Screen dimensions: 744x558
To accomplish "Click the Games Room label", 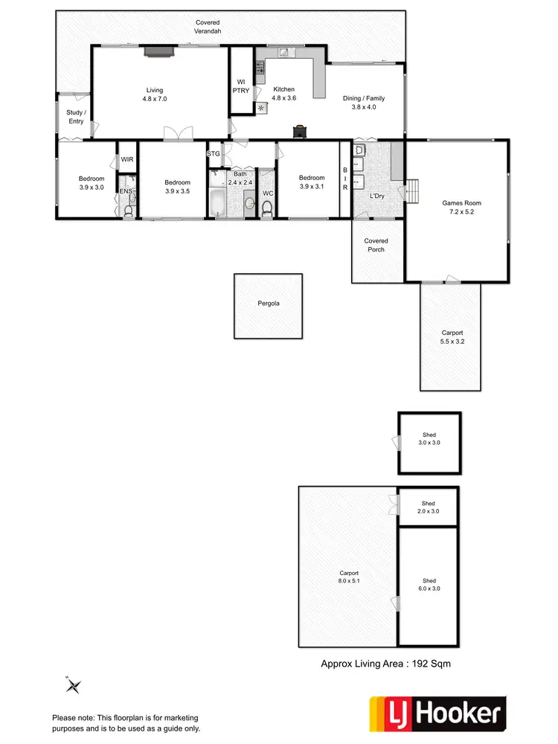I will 462,208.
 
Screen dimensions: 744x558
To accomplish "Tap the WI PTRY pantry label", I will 241,86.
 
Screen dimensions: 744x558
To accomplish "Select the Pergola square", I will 269,304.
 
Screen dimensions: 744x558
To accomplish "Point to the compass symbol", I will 73,685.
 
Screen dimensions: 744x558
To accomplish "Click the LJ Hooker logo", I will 438,715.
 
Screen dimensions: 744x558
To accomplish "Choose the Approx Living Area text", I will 385,663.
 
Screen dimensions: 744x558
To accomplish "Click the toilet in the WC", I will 268,205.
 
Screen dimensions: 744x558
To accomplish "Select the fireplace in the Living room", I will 158,51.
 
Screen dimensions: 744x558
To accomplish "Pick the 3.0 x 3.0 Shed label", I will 429,439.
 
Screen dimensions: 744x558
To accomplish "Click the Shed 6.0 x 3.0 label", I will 429,585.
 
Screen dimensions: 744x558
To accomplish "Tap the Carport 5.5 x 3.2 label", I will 452,337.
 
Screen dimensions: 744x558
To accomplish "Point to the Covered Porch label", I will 376,246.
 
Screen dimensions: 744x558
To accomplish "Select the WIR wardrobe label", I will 126,158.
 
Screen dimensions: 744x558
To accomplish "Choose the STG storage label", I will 214,153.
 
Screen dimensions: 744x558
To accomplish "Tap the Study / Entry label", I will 75,117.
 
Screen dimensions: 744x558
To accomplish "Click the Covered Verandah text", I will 208,28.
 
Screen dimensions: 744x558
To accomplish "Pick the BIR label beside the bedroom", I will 345,179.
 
